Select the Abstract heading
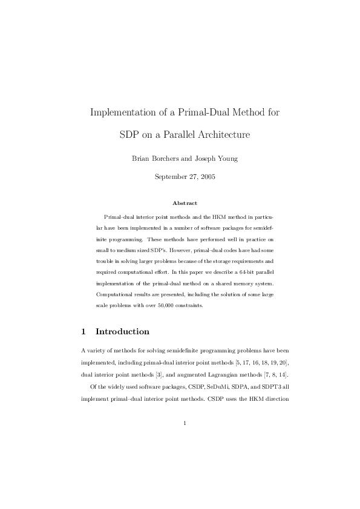[184, 203]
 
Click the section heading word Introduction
[122, 332]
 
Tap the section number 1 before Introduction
[83, 332]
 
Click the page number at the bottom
[184, 423]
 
